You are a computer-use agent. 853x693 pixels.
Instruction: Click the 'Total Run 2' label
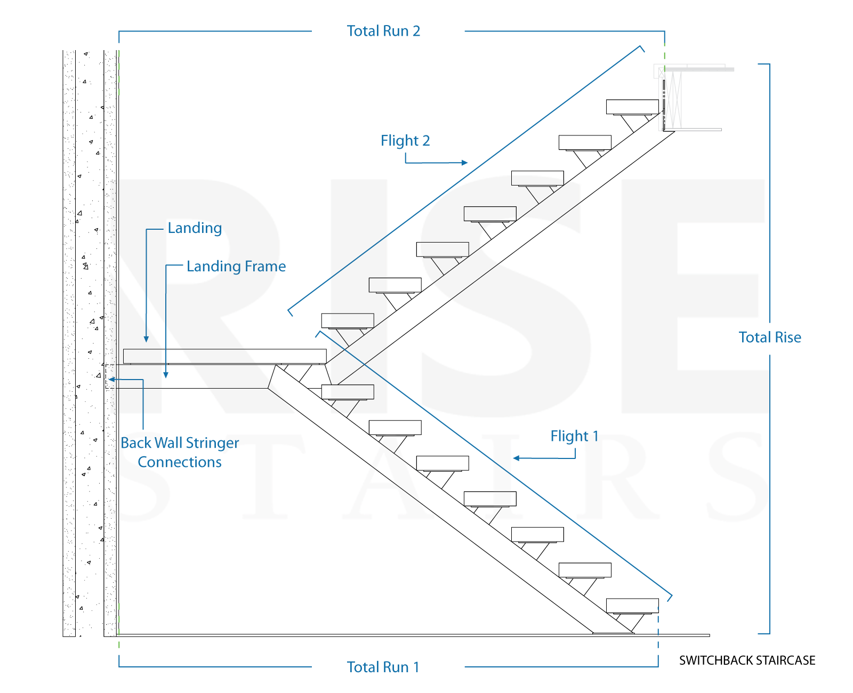point(383,31)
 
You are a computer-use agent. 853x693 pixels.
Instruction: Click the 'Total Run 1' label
point(383,667)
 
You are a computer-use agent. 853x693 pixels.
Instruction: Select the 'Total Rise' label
point(769,337)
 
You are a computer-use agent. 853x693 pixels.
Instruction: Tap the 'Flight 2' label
point(405,141)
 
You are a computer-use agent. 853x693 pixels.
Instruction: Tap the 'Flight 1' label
point(574,436)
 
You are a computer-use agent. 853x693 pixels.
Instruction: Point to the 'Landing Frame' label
point(236,266)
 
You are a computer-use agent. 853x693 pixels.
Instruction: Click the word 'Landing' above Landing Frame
point(195,228)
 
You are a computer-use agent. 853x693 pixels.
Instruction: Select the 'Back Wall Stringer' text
point(180,443)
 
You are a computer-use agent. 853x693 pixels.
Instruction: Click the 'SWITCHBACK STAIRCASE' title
point(747,660)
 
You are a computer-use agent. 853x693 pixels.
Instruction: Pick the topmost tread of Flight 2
point(632,107)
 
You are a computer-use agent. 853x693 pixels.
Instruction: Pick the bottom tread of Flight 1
point(632,606)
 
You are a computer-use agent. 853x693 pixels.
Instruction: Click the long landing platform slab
point(224,356)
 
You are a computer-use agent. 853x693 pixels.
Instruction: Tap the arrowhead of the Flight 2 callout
point(465,163)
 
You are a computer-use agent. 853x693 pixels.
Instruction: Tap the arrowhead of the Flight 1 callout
point(516,458)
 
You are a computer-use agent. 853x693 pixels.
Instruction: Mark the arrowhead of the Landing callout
point(146,339)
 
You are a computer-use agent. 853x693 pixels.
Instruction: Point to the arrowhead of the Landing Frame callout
point(166,375)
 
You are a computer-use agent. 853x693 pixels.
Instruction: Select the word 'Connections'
point(180,462)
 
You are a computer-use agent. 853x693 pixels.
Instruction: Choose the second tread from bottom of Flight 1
point(585,570)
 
